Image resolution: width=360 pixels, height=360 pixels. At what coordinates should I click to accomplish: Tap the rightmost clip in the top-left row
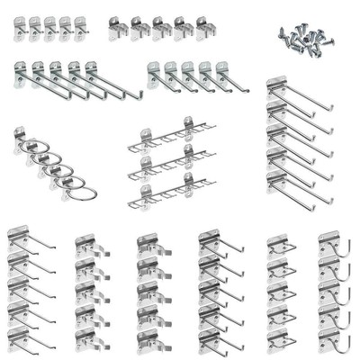pos(82,27)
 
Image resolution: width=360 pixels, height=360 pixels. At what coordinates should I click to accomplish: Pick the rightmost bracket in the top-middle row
pos(206,30)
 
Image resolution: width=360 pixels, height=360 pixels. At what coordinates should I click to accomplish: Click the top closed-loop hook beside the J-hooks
pos(280,246)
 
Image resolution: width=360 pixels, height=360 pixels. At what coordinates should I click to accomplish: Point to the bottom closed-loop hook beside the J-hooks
pos(280,339)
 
